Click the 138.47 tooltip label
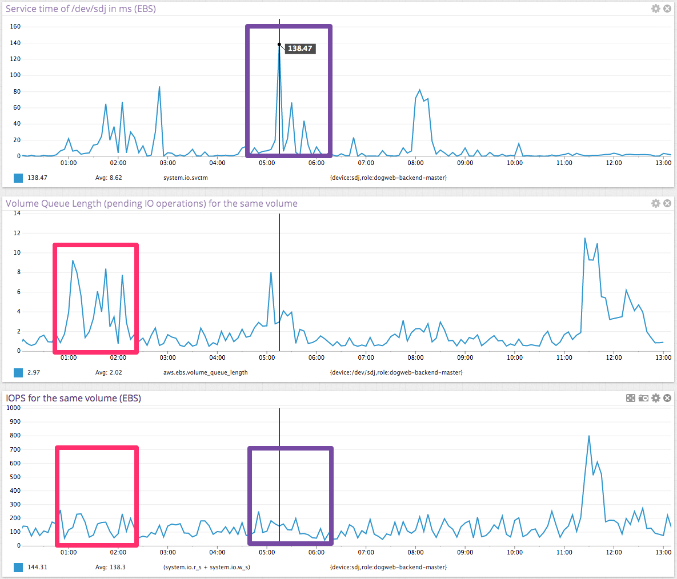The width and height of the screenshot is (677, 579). pos(300,49)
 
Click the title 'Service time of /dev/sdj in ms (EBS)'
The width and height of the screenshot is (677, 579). pos(81,9)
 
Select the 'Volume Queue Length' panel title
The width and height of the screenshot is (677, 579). pos(151,203)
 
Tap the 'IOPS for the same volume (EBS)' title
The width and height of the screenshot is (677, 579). pos(73,398)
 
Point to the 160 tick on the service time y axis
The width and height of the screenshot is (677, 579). pos(15,26)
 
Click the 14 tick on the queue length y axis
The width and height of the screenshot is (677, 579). pos(17,214)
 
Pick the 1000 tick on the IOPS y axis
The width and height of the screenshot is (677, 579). pos(14,408)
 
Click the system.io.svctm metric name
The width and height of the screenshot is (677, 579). pos(186,178)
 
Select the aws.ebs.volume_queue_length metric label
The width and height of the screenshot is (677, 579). pos(206,372)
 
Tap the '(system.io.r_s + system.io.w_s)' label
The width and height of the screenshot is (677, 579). pos(206,567)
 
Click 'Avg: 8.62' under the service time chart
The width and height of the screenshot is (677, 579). pos(109,178)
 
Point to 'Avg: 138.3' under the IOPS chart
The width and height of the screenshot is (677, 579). pos(110,567)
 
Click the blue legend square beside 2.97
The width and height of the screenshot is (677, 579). pos(19,373)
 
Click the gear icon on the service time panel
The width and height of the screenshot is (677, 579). pos(656,9)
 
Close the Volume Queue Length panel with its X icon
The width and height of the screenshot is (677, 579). pos(667,203)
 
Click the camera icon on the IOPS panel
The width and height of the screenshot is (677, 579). pos(643,398)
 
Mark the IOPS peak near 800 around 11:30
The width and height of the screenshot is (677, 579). pos(589,436)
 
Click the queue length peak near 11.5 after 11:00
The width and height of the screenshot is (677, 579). pos(585,238)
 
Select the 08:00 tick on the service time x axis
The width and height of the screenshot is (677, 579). pos(415,163)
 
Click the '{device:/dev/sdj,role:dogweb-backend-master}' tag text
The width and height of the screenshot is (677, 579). pos(396,372)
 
